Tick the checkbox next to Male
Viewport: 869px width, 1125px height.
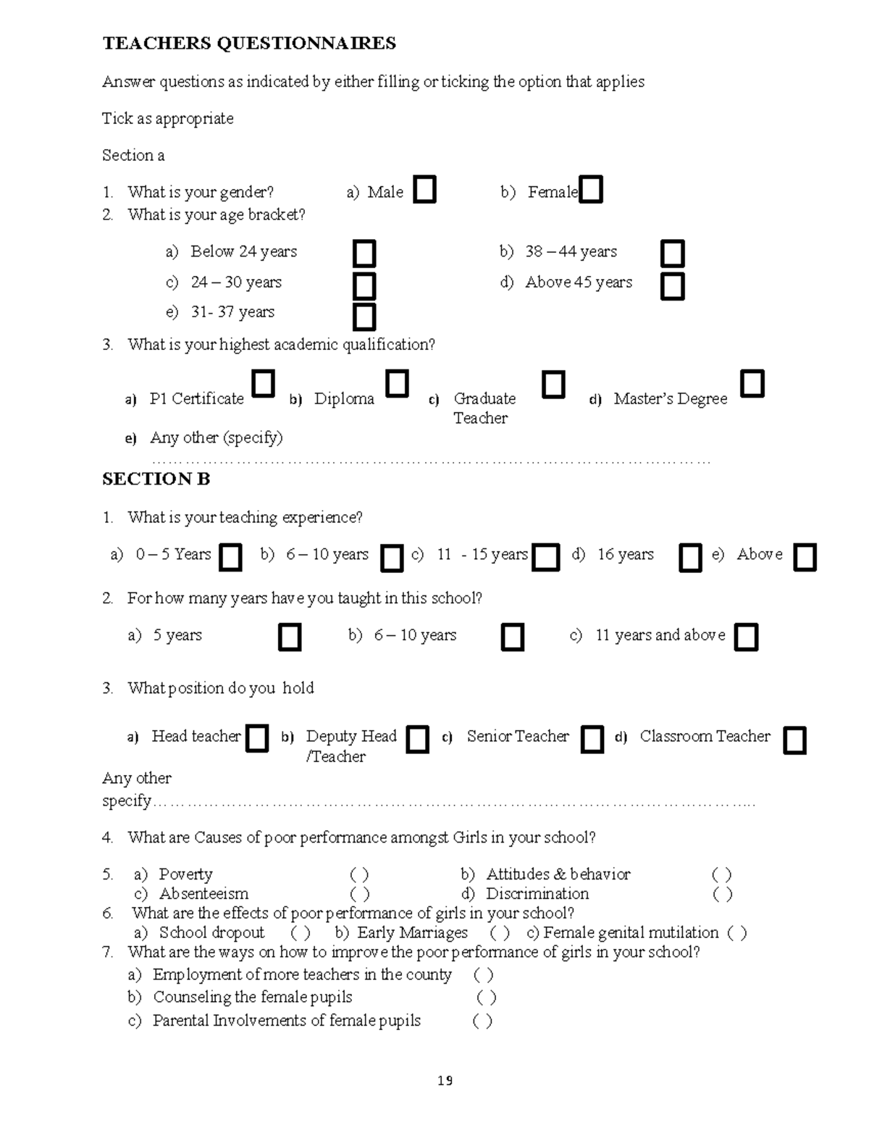pyautogui.click(x=425, y=190)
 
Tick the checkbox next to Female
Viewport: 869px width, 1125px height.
pyautogui.click(x=591, y=190)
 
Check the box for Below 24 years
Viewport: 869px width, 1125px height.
pyautogui.click(x=364, y=254)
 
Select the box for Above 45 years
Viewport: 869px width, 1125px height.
pyautogui.click(x=673, y=285)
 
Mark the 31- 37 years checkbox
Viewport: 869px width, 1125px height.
pyautogui.click(x=364, y=317)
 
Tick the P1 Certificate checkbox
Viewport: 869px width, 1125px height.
pyautogui.click(x=264, y=383)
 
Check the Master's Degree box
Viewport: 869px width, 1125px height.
pyautogui.click(x=752, y=383)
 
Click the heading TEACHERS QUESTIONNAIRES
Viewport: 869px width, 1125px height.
pyautogui.click(x=249, y=43)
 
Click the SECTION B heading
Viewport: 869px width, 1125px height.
pyautogui.click(x=156, y=479)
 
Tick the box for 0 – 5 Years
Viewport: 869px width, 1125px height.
pyautogui.click(x=230, y=558)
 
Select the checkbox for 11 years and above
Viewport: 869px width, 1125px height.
pyautogui.click(x=746, y=637)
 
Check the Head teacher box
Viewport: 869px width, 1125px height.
pyautogui.click(x=257, y=739)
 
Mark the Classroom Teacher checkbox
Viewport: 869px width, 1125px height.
pyautogui.click(x=794, y=740)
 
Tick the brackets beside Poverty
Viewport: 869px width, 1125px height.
pyautogui.click(x=360, y=874)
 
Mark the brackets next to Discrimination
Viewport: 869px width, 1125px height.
pyautogui.click(x=722, y=894)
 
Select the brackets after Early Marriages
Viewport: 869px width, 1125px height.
pyautogui.click(x=500, y=933)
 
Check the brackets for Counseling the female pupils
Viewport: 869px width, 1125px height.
pyautogui.click(x=486, y=998)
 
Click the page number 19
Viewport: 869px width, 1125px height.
pyautogui.click(x=445, y=1081)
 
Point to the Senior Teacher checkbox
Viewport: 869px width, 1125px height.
pyautogui.click(x=592, y=740)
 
